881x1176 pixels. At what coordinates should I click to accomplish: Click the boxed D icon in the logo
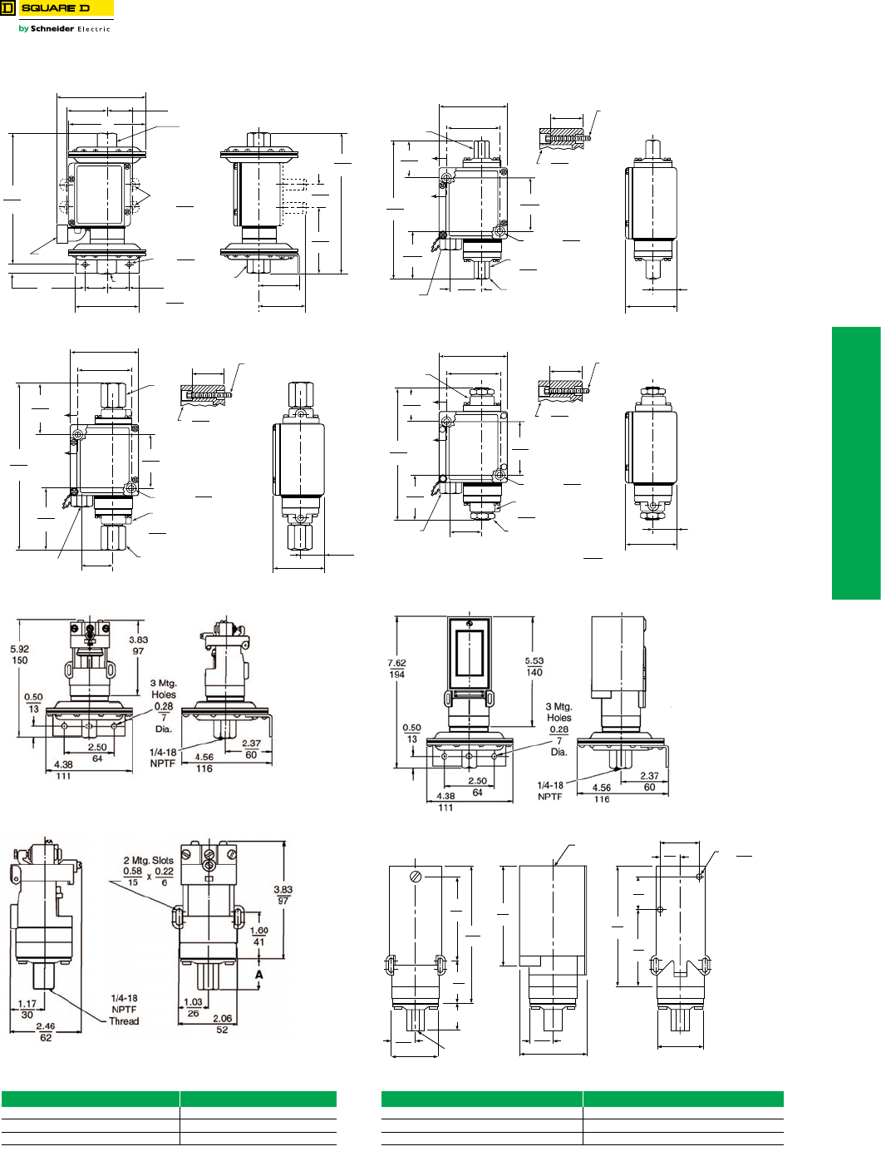[7, 8]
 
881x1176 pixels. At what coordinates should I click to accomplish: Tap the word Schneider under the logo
[52, 28]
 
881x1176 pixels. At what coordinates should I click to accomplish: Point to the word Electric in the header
[94, 29]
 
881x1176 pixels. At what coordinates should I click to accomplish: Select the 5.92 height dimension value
[20, 649]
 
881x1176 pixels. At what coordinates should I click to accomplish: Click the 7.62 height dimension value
[396, 663]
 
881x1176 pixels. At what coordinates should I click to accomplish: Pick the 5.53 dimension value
[534, 661]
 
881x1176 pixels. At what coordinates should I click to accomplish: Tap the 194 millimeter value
[396, 674]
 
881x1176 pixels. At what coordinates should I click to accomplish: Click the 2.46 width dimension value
[46, 1026]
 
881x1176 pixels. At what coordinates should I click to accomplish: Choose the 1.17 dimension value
[27, 1004]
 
